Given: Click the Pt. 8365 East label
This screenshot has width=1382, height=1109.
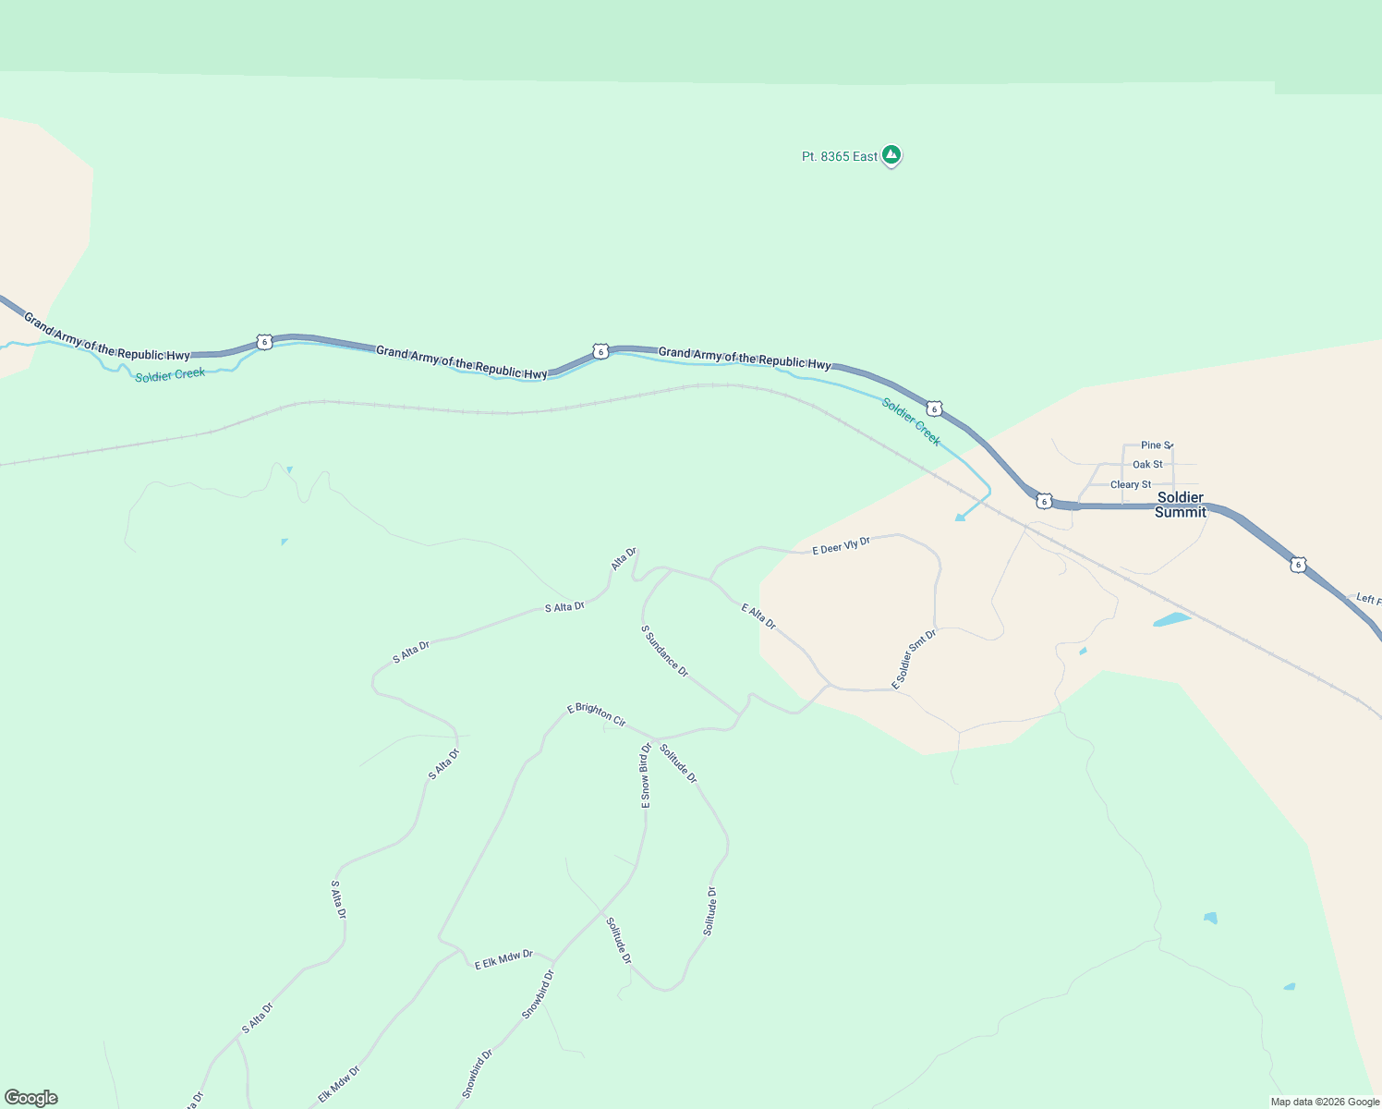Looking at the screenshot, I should pos(839,157).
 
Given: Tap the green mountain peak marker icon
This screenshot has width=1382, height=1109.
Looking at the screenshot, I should pos(891,155).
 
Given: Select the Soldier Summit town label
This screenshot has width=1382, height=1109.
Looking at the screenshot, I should pos(1181,505).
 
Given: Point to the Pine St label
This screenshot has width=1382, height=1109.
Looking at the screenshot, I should pos(1156,445).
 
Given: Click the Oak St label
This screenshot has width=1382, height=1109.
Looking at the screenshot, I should pos(1147,465).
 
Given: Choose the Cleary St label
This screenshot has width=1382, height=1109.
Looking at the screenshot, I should pos(1131,485).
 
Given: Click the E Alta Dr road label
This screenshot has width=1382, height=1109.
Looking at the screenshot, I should pos(758,616).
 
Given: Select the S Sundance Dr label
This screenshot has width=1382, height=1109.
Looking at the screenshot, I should pos(665,652).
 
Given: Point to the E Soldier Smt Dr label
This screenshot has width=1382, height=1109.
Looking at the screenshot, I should pos(914,659).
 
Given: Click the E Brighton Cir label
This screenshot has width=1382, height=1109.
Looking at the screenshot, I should pos(596,714).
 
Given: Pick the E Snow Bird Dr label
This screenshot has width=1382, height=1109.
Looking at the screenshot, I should pos(646,776).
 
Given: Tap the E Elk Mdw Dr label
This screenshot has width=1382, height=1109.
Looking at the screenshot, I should pos(503,959).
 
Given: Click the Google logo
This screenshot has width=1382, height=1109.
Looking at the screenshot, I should pos(31,1098).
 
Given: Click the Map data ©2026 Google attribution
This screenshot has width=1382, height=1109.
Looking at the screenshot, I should pos(1325,1102).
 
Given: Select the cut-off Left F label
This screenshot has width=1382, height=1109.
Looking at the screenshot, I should pos(1368,600).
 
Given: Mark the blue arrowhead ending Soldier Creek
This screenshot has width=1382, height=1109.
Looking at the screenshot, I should pos(960,517).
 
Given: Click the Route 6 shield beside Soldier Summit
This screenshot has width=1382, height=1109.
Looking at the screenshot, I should pos(1044,501).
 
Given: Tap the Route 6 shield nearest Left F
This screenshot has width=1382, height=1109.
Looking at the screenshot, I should pos(1299,565).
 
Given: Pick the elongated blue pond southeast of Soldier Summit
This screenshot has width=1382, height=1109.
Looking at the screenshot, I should pos(1171,619).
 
